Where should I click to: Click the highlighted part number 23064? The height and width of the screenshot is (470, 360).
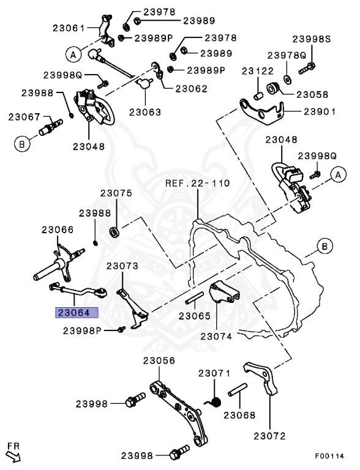[x=78, y=313]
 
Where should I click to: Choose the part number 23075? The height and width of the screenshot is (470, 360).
[x=116, y=193]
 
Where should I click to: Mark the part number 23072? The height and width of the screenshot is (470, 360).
[x=270, y=436]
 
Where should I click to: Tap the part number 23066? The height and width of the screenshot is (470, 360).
[x=58, y=229]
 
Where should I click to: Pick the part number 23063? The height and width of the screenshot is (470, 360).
[x=145, y=112]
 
